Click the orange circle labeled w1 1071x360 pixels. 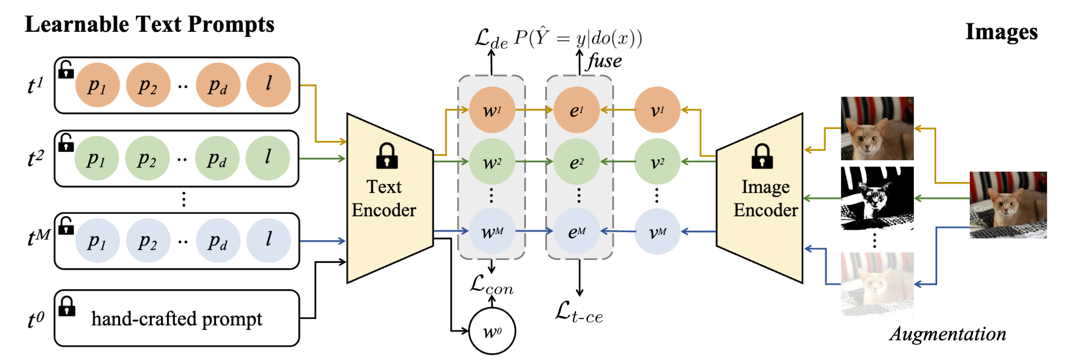point(491,110)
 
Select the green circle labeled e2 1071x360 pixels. point(576,162)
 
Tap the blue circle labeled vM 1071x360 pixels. point(657,232)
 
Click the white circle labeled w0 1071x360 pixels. point(492,331)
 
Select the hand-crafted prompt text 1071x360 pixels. point(177,319)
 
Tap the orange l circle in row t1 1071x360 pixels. point(268,85)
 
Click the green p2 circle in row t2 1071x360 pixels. point(147,158)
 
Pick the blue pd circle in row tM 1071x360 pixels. point(218,240)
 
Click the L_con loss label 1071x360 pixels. point(491,285)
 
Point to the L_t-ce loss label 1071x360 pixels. point(579,312)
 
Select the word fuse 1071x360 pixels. point(604,61)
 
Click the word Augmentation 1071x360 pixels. point(948,334)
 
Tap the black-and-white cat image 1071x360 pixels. point(877,198)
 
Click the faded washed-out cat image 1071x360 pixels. point(877,284)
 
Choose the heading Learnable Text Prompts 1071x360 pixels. point(149,24)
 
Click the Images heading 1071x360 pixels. point(1001,32)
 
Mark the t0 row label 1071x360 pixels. point(36,319)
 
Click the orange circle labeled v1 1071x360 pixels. point(657,110)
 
